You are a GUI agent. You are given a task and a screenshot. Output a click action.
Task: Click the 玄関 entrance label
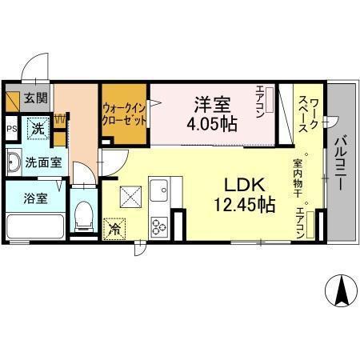(35, 98)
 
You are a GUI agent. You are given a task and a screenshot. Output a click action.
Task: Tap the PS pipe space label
(13, 127)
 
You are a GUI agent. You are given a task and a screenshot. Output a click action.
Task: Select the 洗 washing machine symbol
(37, 126)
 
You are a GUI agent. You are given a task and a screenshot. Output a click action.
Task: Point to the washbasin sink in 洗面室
(14, 163)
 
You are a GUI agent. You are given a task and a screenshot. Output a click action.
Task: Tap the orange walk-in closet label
(124, 115)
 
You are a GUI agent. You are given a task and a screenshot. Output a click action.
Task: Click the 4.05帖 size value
(213, 124)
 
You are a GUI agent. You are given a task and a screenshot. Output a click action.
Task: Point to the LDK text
(241, 183)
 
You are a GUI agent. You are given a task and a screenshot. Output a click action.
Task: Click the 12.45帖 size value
(241, 205)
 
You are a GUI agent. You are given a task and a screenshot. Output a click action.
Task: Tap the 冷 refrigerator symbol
(114, 227)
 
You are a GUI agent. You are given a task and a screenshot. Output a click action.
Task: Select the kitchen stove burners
(159, 226)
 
